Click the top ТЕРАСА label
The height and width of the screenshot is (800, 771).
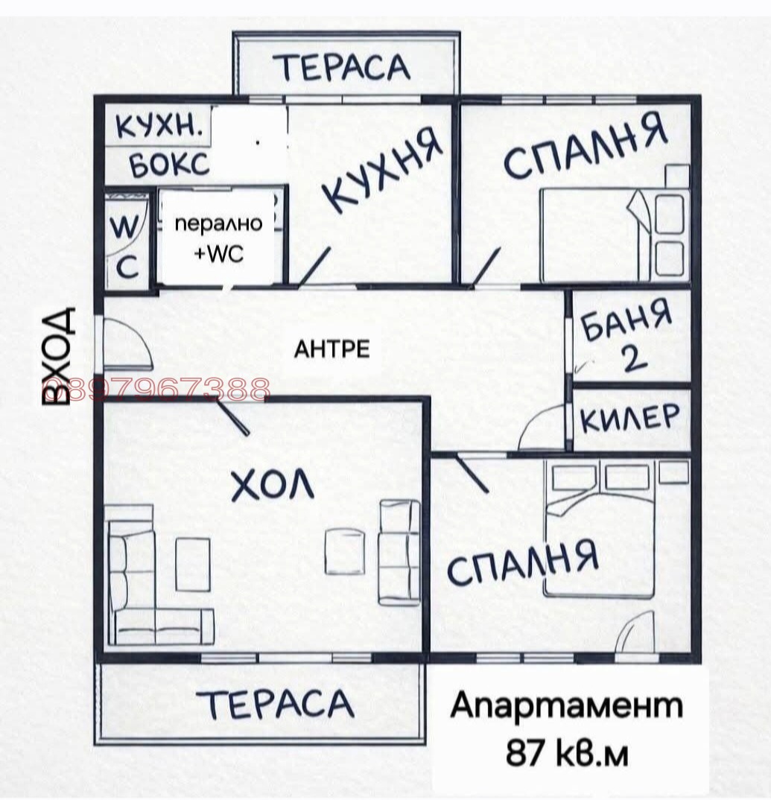345,67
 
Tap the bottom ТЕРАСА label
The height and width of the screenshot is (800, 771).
277,704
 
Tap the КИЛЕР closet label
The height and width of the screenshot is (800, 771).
630,419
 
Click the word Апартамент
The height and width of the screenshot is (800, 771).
566,705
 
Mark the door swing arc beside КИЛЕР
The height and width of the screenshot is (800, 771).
540,428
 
